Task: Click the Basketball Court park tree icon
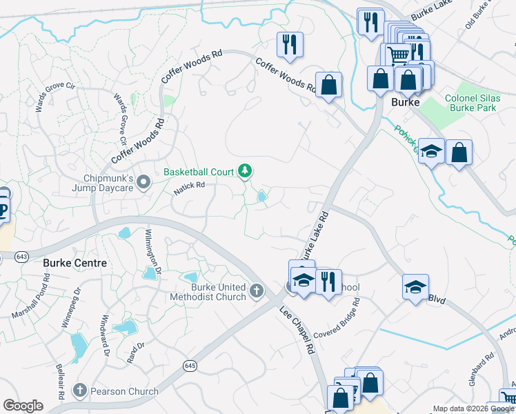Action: pyautogui.click(x=244, y=170)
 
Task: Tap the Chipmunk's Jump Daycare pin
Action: pyautogui.click(x=143, y=181)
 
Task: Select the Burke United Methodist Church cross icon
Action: pyautogui.click(x=257, y=290)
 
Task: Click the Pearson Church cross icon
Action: pyautogui.click(x=80, y=391)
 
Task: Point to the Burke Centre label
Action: pyautogui.click(x=75, y=263)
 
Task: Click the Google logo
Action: pyautogui.click(x=23, y=406)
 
